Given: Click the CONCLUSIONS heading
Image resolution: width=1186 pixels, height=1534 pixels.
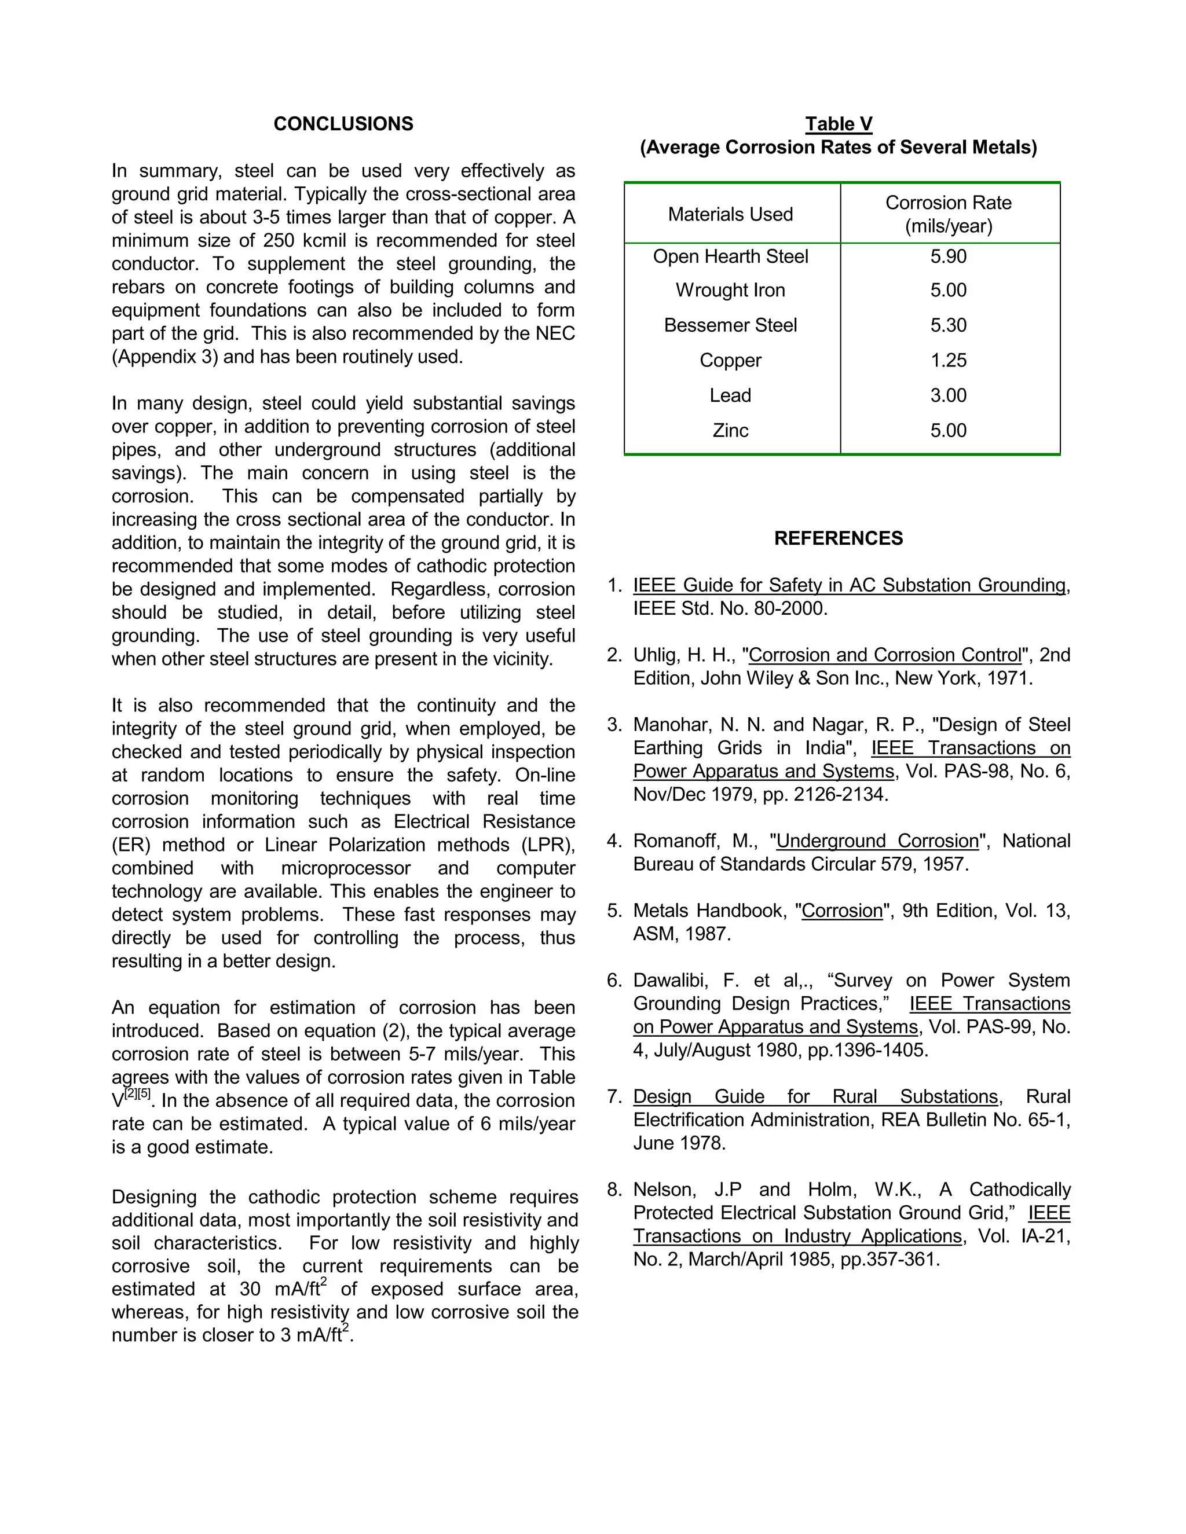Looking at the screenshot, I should [x=343, y=124].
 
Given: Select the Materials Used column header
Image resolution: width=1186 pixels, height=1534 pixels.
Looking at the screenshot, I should [x=730, y=214].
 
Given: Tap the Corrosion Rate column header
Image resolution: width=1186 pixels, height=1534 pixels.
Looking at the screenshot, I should [x=948, y=214].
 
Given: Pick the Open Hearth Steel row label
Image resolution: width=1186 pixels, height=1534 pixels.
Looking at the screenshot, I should [x=730, y=256].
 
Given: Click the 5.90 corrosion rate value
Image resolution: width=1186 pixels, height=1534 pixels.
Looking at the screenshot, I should [x=948, y=256].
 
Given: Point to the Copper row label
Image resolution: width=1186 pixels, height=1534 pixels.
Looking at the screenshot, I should [x=730, y=360].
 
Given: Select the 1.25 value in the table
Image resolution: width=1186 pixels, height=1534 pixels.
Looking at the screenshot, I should [x=948, y=360].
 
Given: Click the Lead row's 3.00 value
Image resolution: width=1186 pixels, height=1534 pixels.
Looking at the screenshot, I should [x=948, y=395].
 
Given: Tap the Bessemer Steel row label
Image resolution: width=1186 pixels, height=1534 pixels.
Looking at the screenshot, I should [x=730, y=325].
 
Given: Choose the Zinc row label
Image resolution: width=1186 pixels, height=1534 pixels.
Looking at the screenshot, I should [x=730, y=431].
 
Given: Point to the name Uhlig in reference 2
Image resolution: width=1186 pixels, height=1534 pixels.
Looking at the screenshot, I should [x=655, y=655].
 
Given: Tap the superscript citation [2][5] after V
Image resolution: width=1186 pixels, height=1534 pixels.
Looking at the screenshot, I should [x=138, y=1094].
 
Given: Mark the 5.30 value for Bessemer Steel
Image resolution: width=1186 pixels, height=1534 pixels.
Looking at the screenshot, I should [x=948, y=325].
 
